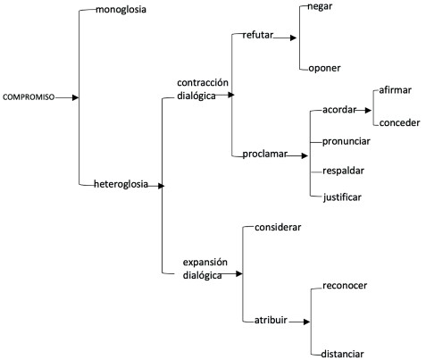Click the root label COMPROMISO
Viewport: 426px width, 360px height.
(29, 97)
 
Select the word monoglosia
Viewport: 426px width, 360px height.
(121, 10)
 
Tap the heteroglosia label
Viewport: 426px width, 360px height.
(121, 184)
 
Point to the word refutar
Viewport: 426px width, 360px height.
(257, 35)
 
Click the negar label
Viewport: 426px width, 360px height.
(320, 7)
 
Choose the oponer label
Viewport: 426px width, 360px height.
(324, 68)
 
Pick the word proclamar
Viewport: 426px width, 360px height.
(264, 155)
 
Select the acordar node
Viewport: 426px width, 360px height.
(339, 110)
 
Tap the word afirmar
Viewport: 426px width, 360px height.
(395, 90)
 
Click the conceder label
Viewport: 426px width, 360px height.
(399, 122)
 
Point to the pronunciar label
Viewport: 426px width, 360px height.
(347, 141)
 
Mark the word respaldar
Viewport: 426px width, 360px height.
(343, 171)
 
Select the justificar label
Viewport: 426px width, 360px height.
(342, 197)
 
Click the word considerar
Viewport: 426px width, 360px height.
(278, 227)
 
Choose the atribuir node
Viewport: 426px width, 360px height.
(271, 320)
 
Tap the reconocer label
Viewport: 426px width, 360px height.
(345, 286)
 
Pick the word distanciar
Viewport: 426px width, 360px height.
(342, 354)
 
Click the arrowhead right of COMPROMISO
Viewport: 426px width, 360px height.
(76, 97)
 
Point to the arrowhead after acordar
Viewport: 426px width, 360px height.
(368, 110)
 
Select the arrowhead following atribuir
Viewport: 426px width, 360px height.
(306, 322)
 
